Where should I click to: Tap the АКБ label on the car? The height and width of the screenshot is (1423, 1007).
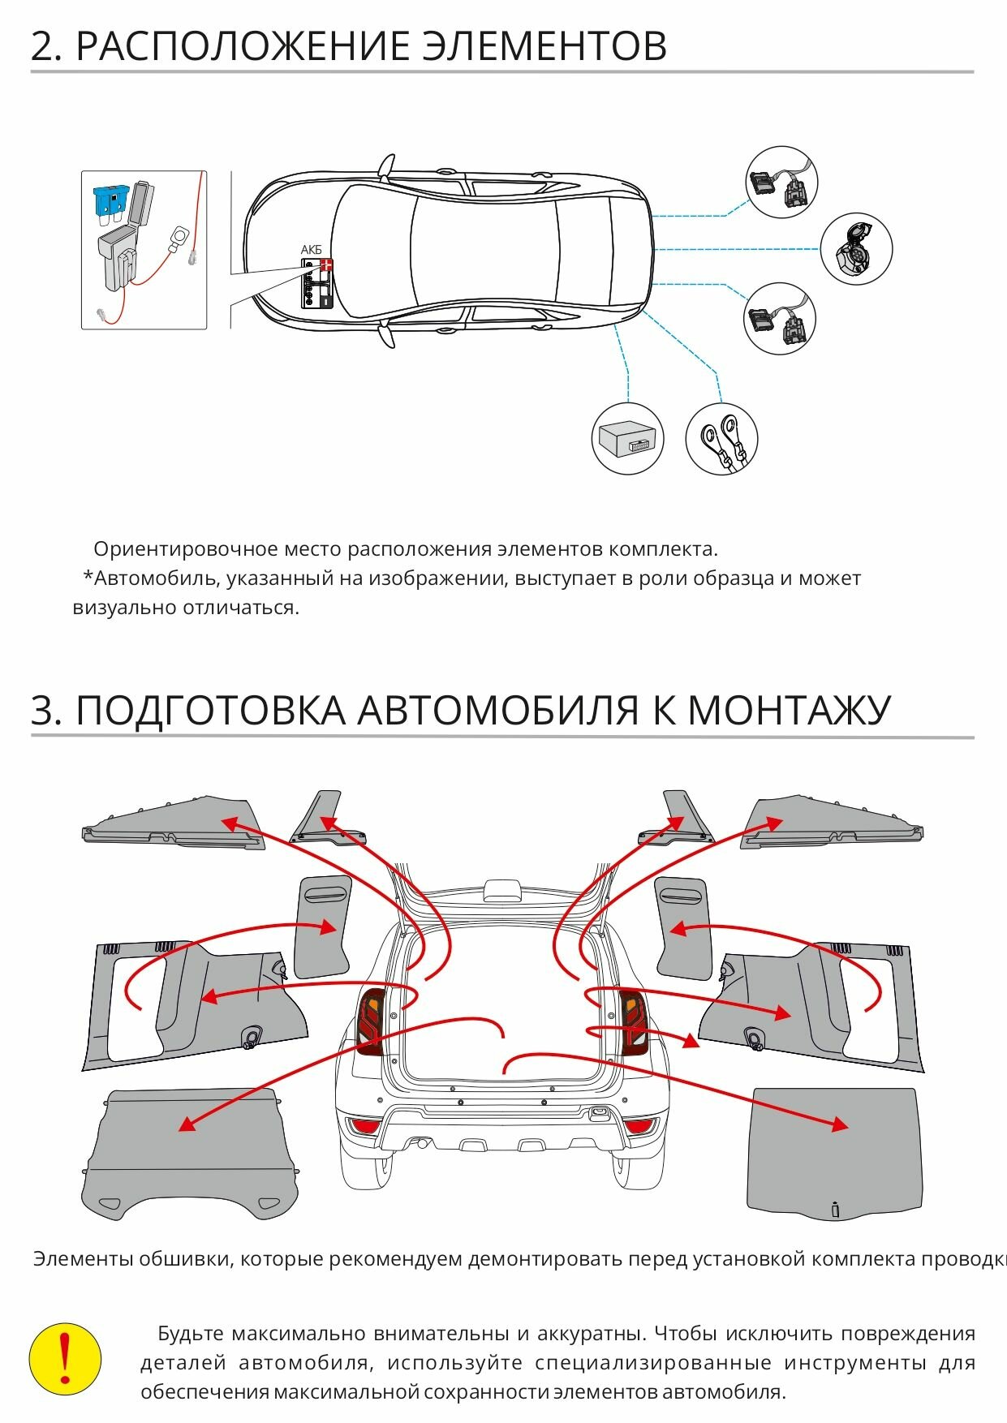(312, 250)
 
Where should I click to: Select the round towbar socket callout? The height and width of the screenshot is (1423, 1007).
(856, 248)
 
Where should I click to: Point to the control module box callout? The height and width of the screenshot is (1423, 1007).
(628, 439)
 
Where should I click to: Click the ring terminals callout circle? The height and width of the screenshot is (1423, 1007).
(721, 439)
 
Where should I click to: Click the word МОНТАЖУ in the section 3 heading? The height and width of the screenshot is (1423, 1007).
(789, 710)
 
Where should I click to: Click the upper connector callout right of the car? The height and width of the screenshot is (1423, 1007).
(781, 183)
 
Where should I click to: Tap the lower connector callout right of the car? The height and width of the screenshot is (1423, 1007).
(780, 319)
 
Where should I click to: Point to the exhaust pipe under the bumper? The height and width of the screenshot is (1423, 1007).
(423, 1143)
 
